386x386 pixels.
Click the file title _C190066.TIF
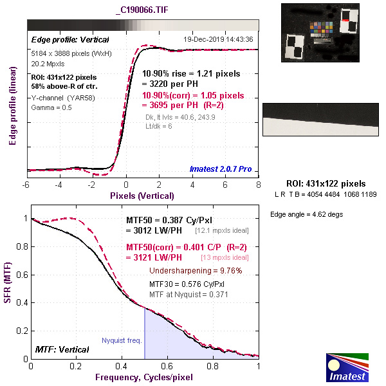[143, 11]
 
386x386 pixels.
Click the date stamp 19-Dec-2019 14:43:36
[219, 39]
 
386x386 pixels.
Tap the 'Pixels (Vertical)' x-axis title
[142, 195]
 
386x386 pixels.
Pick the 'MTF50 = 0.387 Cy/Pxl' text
[170, 220]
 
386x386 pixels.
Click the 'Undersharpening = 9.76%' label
[195, 271]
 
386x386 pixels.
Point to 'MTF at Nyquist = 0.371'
[188, 294]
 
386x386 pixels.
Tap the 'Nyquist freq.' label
[122, 340]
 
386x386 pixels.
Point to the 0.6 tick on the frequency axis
[167, 365]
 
